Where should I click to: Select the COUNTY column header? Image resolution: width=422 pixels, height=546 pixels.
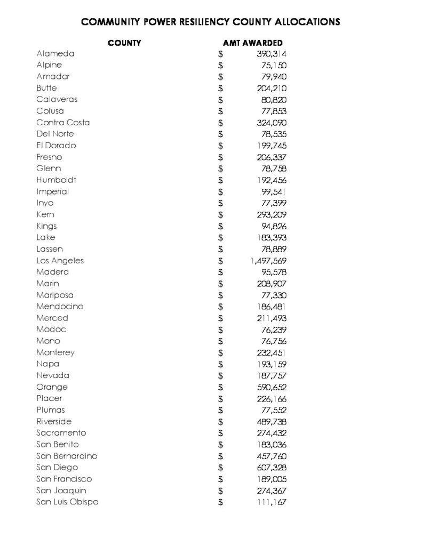(x=124, y=43)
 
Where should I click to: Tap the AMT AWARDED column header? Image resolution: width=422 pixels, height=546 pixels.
(x=253, y=43)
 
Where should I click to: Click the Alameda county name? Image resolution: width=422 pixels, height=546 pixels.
(x=55, y=53)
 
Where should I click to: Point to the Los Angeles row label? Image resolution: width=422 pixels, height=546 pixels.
(x=60, y=261)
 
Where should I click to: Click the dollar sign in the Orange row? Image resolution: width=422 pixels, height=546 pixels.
(x=220, y=387)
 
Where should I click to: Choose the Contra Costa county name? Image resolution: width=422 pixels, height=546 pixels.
(x=63, y=123)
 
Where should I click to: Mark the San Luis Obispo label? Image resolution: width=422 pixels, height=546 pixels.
(x=67, y=502)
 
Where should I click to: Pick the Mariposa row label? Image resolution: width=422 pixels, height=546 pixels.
(x=55, y=295)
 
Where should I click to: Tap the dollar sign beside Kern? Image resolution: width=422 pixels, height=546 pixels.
(x=220, y=215)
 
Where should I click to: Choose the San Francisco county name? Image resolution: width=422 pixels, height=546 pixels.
(x=64, y=479)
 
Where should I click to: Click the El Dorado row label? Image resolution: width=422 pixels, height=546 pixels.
(x=56, y=146)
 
